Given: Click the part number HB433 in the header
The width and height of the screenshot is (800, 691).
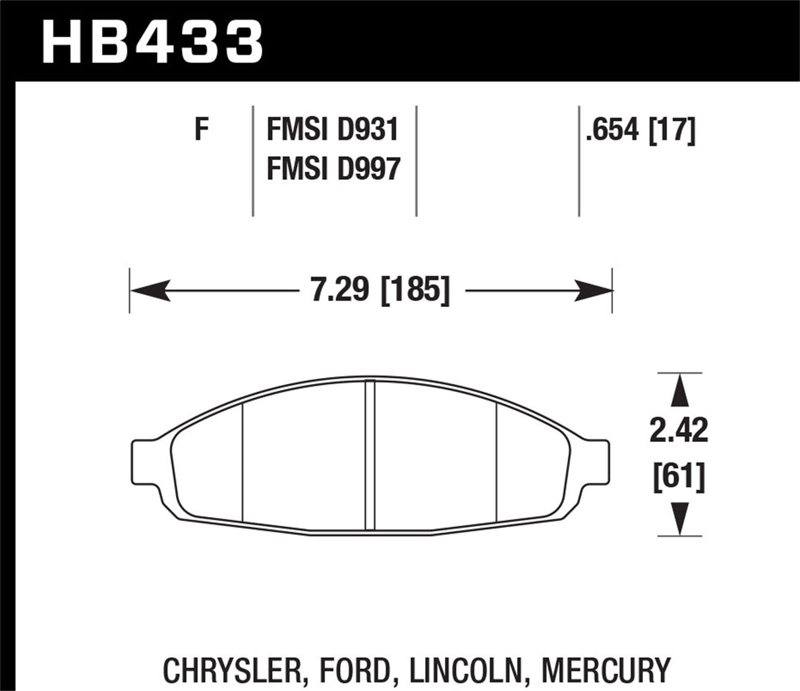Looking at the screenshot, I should (153, 41).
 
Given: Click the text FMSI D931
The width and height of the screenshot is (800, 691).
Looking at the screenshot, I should (333, 130).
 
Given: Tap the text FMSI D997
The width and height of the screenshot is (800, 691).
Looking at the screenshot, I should (333, 170).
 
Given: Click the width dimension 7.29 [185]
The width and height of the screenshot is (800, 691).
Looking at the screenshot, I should (380, 290).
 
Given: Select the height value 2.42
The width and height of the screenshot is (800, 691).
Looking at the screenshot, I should (678, 431).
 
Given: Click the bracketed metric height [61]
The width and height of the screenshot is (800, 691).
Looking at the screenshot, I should (678, 476).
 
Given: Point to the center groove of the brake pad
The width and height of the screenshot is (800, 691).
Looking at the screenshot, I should (370, 455).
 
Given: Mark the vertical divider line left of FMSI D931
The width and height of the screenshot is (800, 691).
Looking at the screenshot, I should (253, 161).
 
